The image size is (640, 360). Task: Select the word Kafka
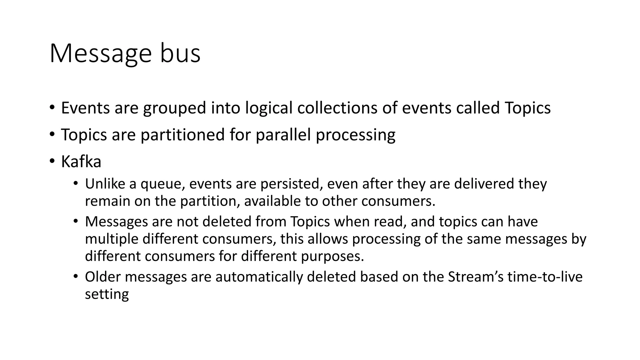click(x=81, y=162)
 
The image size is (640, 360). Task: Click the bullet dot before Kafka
click(x=52, y=161)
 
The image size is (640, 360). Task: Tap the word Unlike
click(x=105, y=184)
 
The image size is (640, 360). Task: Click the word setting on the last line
click(x=107, y=295)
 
